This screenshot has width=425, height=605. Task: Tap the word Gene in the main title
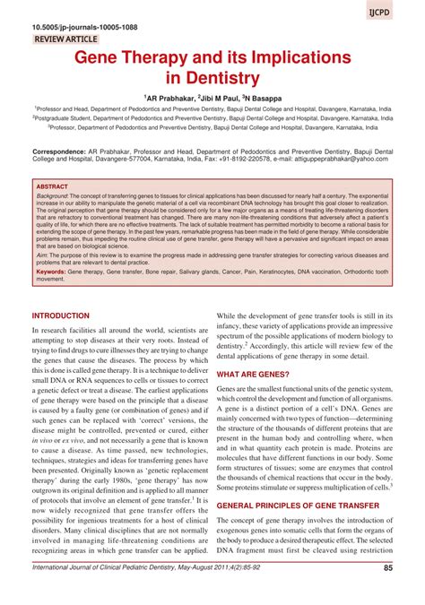coord(98,58)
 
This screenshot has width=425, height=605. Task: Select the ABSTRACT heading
coord(52,186)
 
